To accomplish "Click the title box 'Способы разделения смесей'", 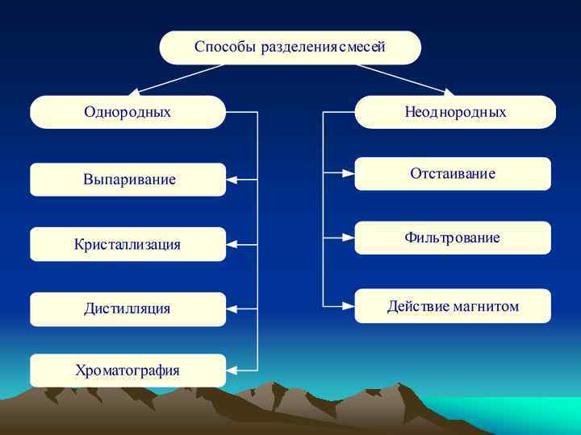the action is point(290,48).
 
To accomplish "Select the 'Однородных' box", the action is point(127,112).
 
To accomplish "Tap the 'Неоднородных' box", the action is point(455,112).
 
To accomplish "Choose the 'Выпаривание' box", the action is point(128,180).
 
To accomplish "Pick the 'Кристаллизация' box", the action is point(128,244).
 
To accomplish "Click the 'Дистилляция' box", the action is point(128,309).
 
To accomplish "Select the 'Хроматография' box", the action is point(128,371).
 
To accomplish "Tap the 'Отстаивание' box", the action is point(453,173).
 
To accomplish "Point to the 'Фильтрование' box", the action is point(453,238).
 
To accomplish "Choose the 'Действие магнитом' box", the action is point(453,306).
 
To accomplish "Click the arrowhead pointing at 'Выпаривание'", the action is point(232,180).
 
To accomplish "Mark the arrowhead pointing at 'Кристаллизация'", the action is point(232,244).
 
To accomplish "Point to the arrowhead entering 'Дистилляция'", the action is point(232,309).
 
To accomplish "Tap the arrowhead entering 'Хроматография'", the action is point(232,371).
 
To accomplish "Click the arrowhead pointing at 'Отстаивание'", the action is point(349,172).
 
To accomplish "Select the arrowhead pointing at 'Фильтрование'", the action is point(349,238).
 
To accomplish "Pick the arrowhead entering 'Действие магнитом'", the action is point(349,306).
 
